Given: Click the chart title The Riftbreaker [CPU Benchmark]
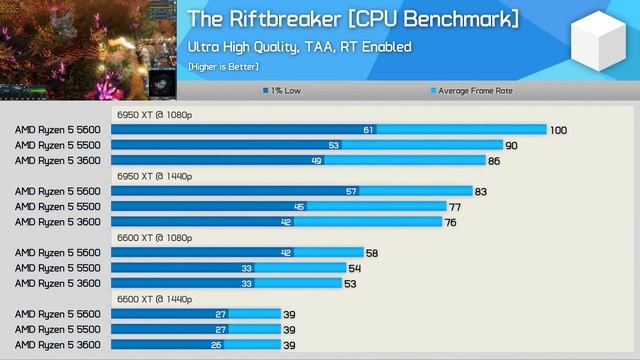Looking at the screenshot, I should [x=352, y=19].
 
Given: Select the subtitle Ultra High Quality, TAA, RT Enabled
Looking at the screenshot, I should [x=299, y=47].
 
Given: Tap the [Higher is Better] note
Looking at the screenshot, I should [x=223, y=66].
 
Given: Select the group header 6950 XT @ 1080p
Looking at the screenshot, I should [x=154, y=114].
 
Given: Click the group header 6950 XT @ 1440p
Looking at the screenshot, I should [x=154, y=176].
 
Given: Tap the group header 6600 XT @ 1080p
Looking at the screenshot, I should [x=154, y=237].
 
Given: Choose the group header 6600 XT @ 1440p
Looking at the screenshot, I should [x=154, y=298].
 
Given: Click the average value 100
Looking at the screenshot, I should [x=558, y=130].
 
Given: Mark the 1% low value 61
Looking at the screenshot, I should [x=368, y=130].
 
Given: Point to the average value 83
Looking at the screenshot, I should [x=481, y=191].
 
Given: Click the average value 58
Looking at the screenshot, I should [x=372, y=253].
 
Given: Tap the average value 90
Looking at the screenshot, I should [x=511, y=145].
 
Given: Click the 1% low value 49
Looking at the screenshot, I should [x=316, y=160].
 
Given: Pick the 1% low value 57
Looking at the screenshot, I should [x=351, y=191].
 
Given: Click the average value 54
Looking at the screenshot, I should [x=354, y=268].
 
